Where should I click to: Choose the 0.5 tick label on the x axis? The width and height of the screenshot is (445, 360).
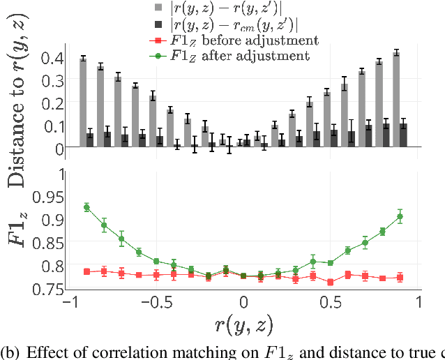(x=331, y=304)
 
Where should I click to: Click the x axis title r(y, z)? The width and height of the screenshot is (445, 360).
(x=244, y=326)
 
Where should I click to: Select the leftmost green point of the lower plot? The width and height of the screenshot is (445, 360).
(x=86, y=207)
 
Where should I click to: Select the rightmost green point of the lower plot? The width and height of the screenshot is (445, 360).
(x=400, y=216)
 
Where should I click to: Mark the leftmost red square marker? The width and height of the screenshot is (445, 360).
(x=86, y=271)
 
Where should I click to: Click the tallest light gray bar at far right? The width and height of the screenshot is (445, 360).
(x=396, y=99)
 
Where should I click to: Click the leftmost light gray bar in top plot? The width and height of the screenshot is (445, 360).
(x=83, y=103)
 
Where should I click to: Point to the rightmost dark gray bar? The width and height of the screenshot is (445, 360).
(x=403, y=135)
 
